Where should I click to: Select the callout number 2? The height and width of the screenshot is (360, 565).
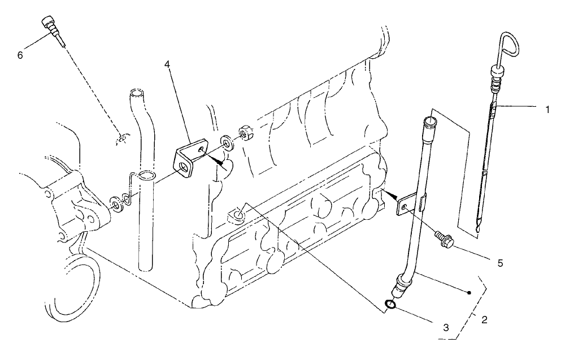click(484, 319)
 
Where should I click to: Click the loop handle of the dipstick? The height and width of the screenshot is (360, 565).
click(510, 48)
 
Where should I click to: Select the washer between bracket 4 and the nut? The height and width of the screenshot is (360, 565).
click(225, 141)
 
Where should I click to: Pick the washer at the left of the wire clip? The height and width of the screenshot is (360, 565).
click(115, 202)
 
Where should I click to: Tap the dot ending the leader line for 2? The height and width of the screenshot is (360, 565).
click(470, 293)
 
